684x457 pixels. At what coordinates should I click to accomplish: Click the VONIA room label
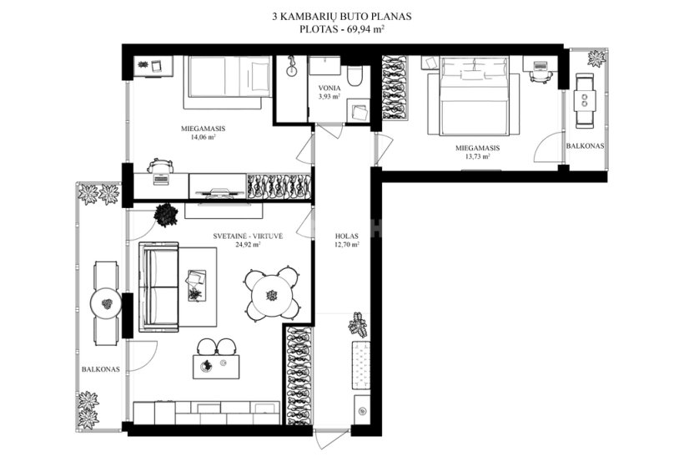click(x=329, y=89)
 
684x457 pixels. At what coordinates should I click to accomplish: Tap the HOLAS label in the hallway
click(x=347, y=236)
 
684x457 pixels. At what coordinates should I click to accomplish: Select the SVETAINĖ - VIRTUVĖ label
click(x=248, y=236)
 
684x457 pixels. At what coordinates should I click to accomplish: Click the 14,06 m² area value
click(x=204, y=137)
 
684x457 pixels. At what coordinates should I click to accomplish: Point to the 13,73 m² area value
click(x=478, y=156)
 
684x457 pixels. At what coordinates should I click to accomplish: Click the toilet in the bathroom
click(x=355, y=76)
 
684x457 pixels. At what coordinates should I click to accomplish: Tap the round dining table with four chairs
click(x=272, y=294)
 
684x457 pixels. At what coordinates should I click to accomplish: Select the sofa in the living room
click(x=158, y=287)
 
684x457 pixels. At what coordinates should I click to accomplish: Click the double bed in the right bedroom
click(x=474, y=95)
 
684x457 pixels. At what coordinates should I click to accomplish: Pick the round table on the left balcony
click(x=107, y=303)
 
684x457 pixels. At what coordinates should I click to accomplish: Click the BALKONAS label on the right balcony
click(x=585, y=146)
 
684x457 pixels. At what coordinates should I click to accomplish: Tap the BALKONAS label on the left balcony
click(x=101, y=369)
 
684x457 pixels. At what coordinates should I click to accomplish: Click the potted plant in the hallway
click(x=358, y=325)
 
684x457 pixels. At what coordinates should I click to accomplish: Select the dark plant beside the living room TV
click(x=166, y=215)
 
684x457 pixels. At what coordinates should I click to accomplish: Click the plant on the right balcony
click(x=596, y=58)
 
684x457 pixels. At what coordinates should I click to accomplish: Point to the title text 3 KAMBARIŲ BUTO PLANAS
click(x=342, y=17)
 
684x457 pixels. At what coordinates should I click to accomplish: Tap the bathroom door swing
click(x=329, y=131)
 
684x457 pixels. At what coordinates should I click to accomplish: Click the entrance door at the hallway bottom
click(x=332, y=439)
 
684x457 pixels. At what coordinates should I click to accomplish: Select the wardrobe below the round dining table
click(x=299, y=375)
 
